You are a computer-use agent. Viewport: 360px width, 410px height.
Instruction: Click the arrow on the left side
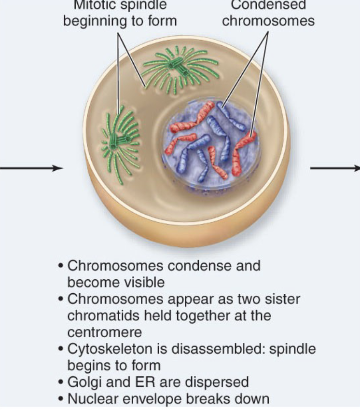pos(31,168)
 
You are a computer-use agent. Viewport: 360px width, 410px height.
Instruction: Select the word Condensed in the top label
pos(268,6)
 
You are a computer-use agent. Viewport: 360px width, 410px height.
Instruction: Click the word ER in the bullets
pos(141,382)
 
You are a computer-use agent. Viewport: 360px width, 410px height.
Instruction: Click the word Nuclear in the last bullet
pos(91,399)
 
